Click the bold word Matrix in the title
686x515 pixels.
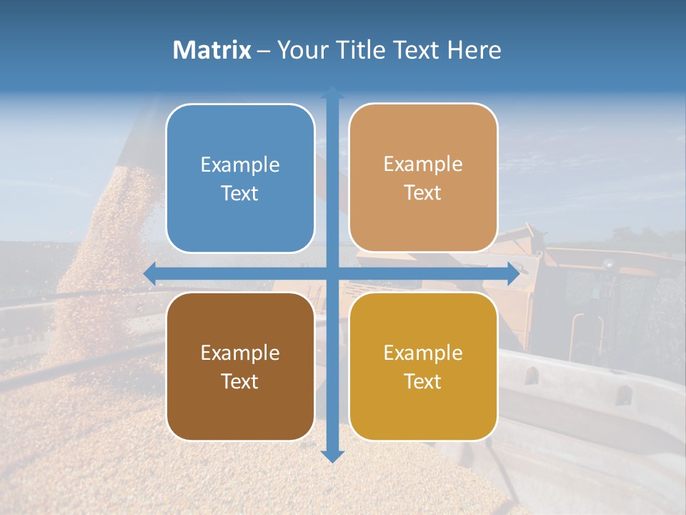[x=212, y=50]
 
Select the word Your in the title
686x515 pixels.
[x=299, y=50]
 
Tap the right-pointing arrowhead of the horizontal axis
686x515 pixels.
[x=512, y=274]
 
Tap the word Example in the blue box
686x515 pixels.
[x=240, y=165]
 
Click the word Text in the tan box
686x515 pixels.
[x=423, y=193]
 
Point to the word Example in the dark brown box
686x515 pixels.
[x=240, y=353]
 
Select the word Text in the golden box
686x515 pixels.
[x=423, y=382]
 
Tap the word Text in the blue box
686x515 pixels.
[x=240, y=194]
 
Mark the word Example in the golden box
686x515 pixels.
[x=423, y=353]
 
